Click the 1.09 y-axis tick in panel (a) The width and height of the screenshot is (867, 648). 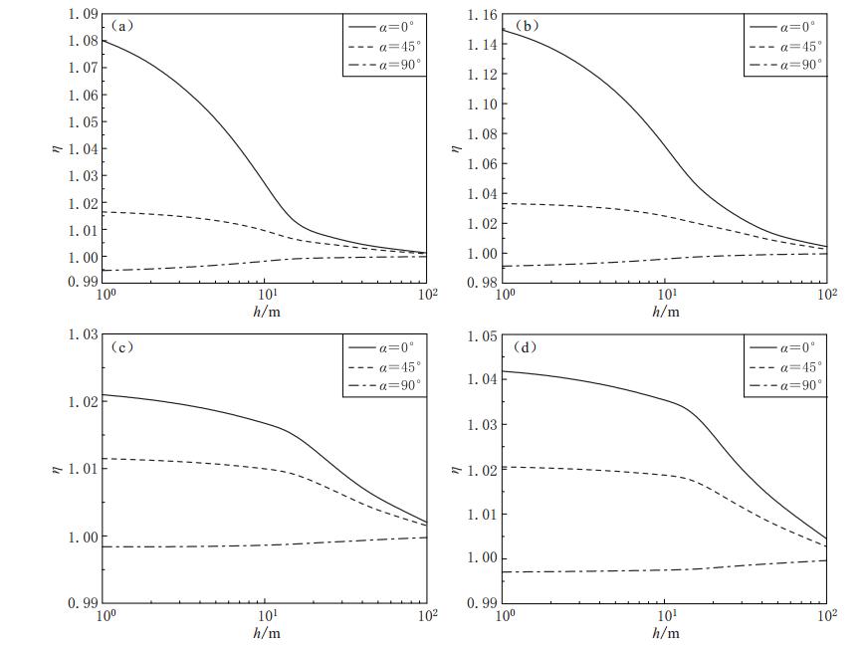(84, 14)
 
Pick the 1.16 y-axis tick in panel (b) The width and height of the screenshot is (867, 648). (484, 14)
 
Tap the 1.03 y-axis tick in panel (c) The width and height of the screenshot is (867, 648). (84, 334)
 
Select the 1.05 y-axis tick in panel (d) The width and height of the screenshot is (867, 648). (484, 336)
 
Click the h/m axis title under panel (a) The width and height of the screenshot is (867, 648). (265, 312)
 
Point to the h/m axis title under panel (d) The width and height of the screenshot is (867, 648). (665, 632)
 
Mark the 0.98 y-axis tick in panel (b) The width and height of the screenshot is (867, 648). (484, 283)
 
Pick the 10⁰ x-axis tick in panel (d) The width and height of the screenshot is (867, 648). (505, 616)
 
